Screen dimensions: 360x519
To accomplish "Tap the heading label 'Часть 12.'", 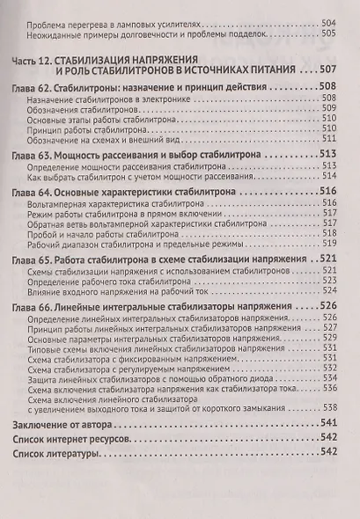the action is coord(36,60).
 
